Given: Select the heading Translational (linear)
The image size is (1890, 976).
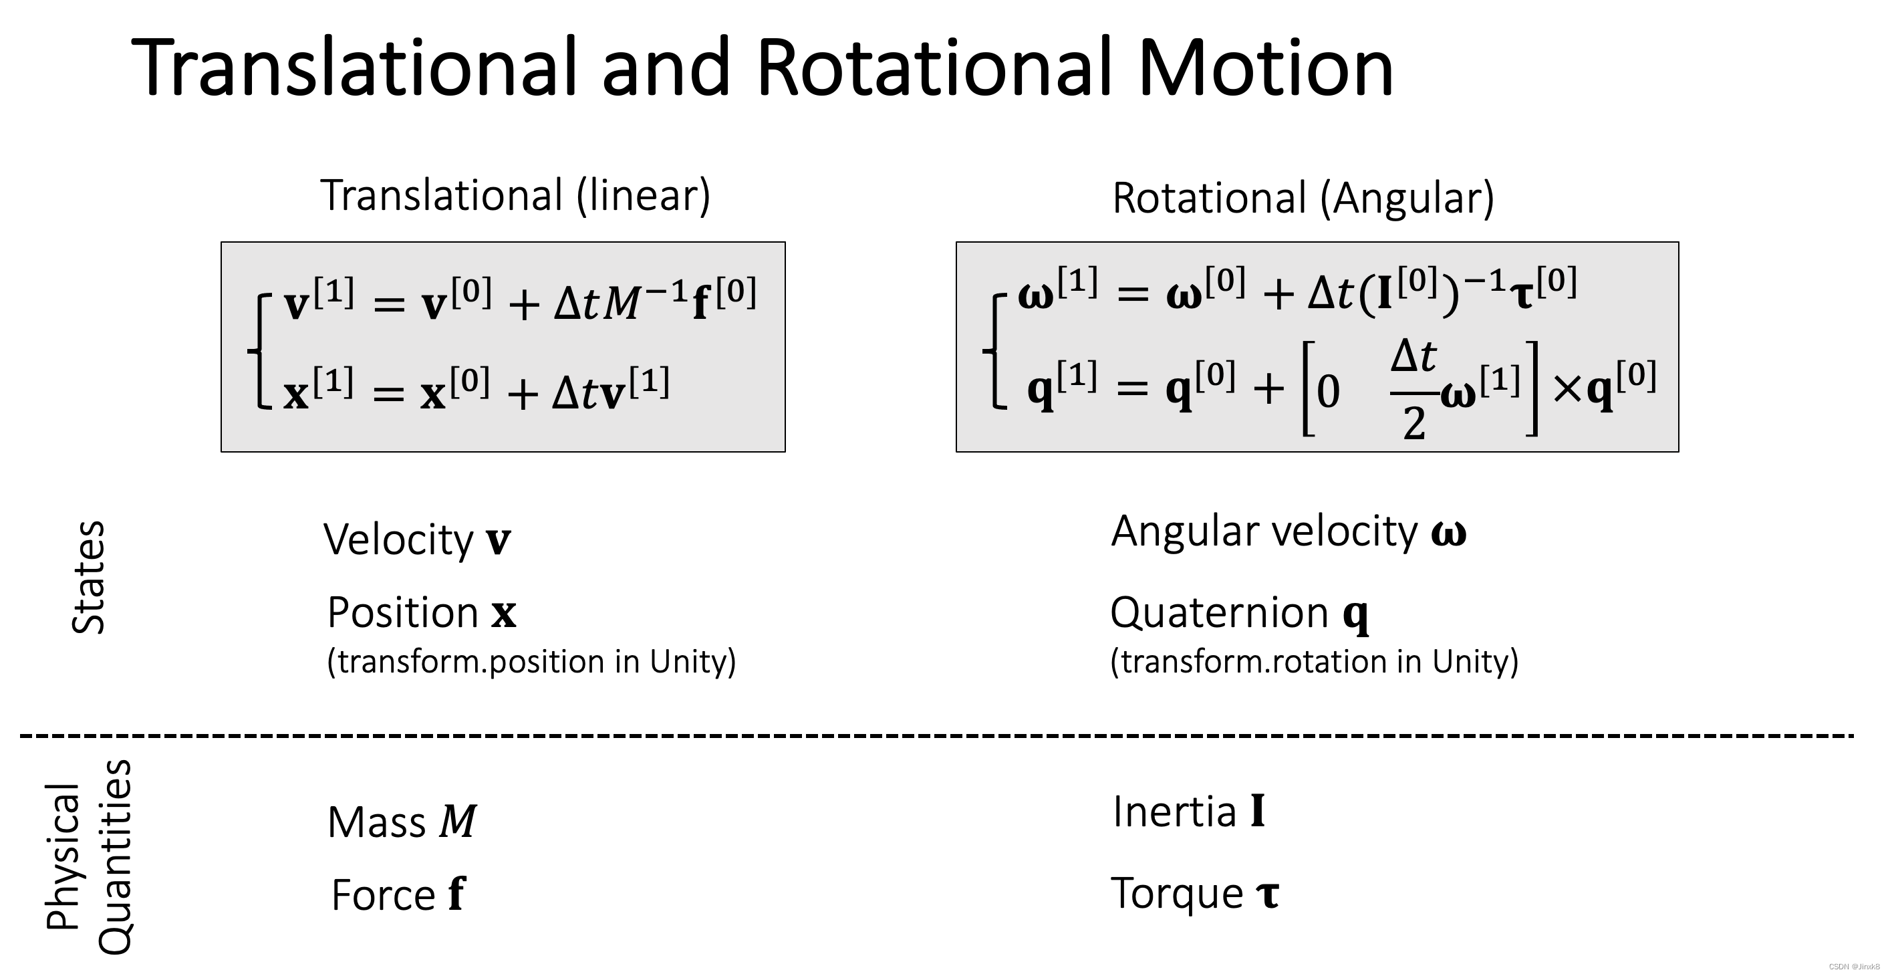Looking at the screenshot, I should click(x=515, y=195).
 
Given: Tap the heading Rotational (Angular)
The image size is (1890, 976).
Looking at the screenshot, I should click(x=1303, y=198).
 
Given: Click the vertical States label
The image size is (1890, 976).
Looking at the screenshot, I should click(x=89, y=577).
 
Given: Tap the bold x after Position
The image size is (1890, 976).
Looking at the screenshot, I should click(x=503, y=614).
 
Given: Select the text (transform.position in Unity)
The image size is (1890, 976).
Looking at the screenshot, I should click(x=531, y=662).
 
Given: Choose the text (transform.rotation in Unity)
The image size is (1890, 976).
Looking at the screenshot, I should click(x=1314, y=662).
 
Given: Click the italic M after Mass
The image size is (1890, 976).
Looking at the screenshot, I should click(x=458, y=821).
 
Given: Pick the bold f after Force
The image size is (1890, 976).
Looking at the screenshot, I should click(x=456, y=894).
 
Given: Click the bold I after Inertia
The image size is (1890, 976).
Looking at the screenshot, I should click(x=1258, y=812).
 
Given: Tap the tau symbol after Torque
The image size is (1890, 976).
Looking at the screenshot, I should click(x=1268, y=894).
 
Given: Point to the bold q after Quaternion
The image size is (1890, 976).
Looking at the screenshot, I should click(x=1355, y=614).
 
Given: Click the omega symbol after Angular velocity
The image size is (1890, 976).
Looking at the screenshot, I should click(x=1448, y=533).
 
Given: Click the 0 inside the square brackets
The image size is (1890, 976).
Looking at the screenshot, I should click(x=1328, y=392).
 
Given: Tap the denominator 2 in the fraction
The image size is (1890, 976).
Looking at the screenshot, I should click(x=1414, y=423).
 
